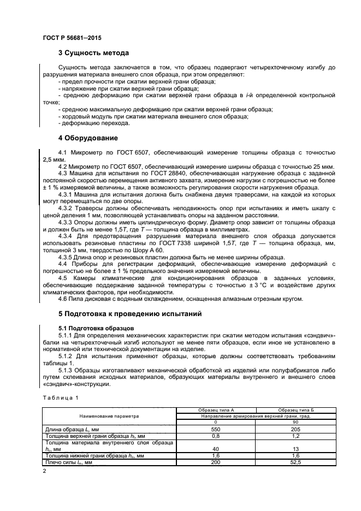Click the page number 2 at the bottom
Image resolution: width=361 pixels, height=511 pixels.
coord(44,470)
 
